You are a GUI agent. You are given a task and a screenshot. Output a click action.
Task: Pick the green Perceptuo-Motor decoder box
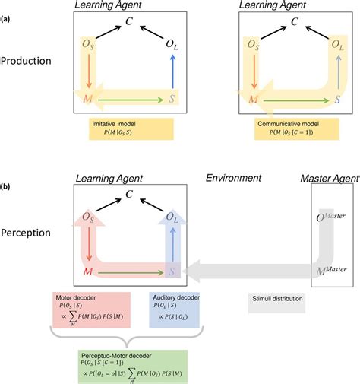click(x=133, y=364)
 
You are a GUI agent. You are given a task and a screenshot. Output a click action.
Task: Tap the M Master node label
click(x=331, y=269)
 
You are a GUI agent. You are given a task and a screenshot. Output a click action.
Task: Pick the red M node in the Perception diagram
click(x=90, y=272)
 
